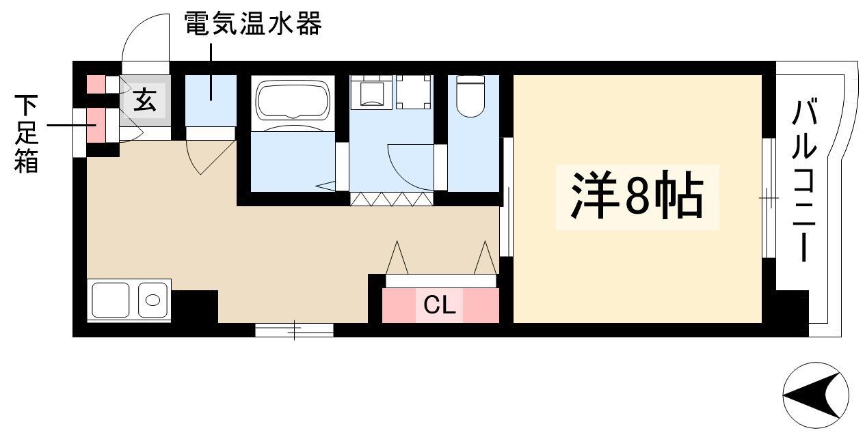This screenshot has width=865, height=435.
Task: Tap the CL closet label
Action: point(440,305)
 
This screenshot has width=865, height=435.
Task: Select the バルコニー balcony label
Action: point(804,180)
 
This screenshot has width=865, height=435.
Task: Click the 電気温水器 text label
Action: point(252,23)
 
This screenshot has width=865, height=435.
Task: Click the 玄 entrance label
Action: point(145,100)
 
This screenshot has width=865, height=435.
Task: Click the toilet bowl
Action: point(470,96)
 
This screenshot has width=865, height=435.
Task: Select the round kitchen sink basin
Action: point(153,300)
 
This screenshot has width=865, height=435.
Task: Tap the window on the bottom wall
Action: point(294,330)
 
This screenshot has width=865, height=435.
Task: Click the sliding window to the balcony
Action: point(769,198)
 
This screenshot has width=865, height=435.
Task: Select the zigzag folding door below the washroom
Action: point(392,199)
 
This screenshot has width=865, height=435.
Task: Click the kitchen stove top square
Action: point(111,300)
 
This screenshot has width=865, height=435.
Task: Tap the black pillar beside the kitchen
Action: point(195,307)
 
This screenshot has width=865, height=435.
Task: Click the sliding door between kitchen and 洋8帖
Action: point(506,197)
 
